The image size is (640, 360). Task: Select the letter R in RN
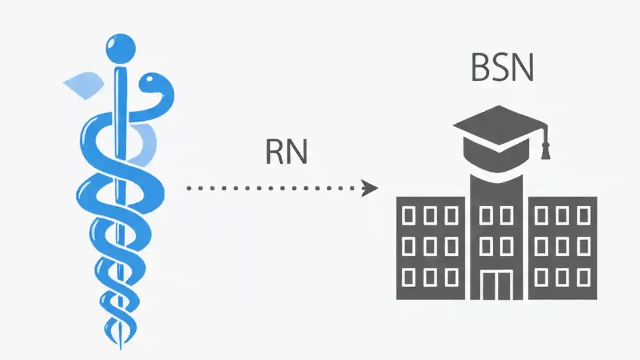click(x=274, y=152)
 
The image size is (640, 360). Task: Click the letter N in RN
click(x=298, y=152)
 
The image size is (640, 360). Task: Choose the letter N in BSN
click(x=522, y=68)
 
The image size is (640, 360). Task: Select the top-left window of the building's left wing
click(x=409, y=216)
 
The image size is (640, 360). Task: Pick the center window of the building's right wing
click(x=562, y=246)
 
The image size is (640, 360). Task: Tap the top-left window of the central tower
click(x=485, y=216)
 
